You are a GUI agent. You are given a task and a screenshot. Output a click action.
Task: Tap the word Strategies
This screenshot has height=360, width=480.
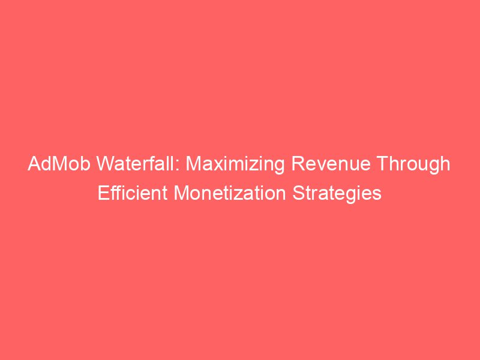[340, 194]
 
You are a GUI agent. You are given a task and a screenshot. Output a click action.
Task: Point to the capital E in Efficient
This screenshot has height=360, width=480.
[103, 194]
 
